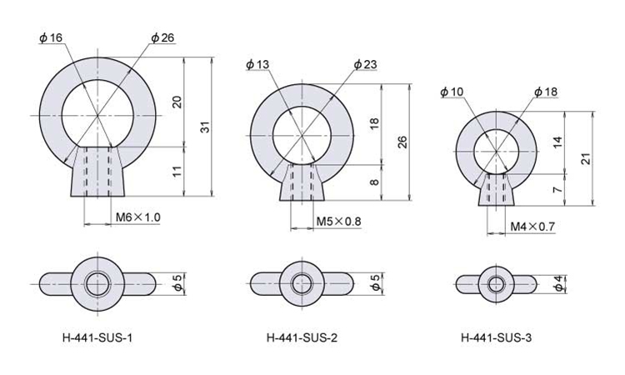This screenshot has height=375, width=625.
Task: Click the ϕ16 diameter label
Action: [51, 37]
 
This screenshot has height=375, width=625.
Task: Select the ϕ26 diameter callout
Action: [162, 37]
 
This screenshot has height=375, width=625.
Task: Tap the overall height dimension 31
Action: [204, 127]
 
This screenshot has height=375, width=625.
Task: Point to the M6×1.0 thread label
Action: [137, 217]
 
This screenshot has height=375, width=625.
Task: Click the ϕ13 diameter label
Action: [257, 64]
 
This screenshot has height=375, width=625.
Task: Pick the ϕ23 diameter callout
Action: [365, 64]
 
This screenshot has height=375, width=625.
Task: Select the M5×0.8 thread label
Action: [338, 221]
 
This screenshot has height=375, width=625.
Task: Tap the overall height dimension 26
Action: [402, 142]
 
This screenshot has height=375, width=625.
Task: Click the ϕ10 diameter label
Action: [452, 92]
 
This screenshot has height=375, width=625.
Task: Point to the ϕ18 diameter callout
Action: [546, 92]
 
